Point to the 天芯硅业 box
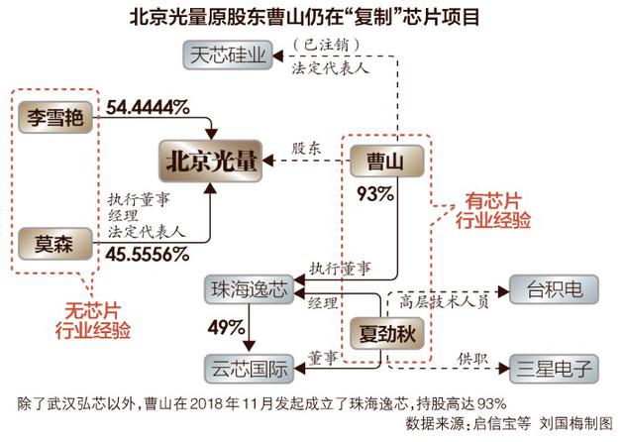(228, 55)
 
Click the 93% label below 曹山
(375, 194)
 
